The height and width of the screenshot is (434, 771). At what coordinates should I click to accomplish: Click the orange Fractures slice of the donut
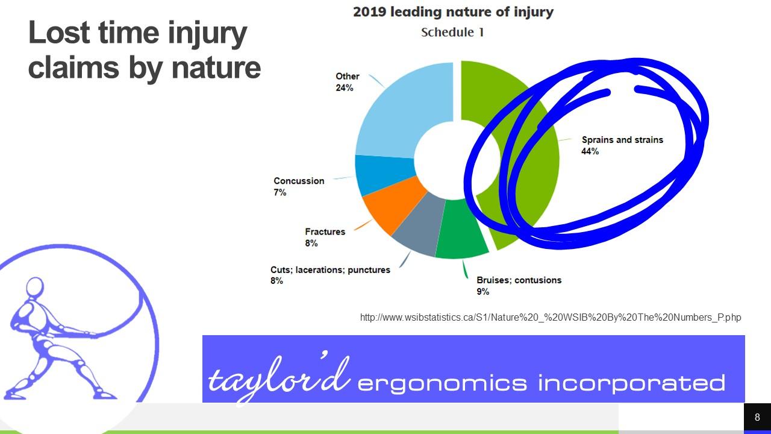[x=392, y=206]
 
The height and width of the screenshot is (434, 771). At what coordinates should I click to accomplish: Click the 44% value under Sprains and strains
[x=590, y=151]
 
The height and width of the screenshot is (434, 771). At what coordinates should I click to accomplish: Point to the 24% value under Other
[x=345, y=88]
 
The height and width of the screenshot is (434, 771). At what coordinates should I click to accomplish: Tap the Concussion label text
[x=299, y=181]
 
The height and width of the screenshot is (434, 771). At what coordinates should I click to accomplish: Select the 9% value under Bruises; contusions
[x=482, y=292]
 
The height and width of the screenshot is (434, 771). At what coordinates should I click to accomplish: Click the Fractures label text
[x=325, y=232]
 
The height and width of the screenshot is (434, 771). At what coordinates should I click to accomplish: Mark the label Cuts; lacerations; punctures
[x=331, y=269]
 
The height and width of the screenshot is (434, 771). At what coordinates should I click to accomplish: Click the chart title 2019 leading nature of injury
[x=454, y=12]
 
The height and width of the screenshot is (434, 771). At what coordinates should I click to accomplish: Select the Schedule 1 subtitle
[x=452, y=33]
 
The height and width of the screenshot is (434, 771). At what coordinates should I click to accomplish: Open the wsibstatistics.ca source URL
[x=551, y=317]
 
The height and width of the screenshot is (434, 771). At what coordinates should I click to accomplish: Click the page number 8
[x=757, y=417]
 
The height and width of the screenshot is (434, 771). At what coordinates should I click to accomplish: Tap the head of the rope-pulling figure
[x=35, y=286]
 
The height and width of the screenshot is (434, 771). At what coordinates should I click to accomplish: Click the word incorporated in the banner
[x=632, y=383]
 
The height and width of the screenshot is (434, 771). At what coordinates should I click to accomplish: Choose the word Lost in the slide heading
[x=58, y=33]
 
